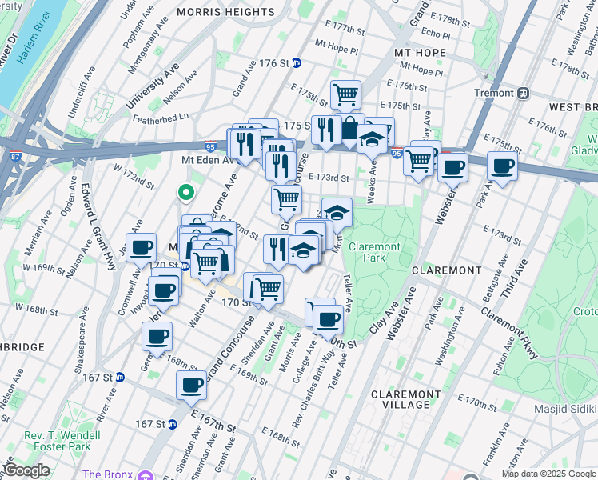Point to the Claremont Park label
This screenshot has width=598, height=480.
(x=373, y=253)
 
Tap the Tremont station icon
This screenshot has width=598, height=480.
(x=524, y=93)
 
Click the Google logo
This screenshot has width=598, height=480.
(x=26, y=470)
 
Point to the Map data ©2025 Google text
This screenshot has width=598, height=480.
(x=548, y=474)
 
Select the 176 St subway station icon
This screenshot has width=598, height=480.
(x=297, y=63)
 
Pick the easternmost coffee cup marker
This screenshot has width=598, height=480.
(x=502, y=167)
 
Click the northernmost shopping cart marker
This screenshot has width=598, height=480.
(x=345, y=94)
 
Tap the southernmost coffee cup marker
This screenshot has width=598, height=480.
(x=191, y=385)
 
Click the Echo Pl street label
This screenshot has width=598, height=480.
(x=436, y=33)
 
